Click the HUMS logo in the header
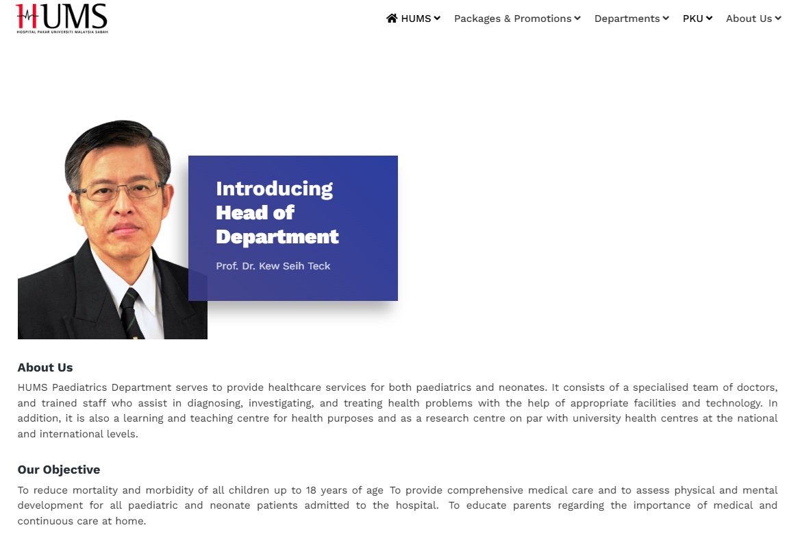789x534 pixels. [62, 19]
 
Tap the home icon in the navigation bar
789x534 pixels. [392, 19]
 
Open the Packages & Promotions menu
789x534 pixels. [517, 19]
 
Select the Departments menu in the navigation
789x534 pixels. [631, 19]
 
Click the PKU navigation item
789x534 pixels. [697, 19]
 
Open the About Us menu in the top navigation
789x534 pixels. [753, 19]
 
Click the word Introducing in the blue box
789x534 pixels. [274, 189]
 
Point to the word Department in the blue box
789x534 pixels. [277, 237]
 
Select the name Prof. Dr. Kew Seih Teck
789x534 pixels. [273, 266]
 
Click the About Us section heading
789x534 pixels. [45, 367]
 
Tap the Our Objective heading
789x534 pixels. [59, 470]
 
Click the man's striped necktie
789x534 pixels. [131, 314]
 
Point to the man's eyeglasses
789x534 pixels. [119, 191]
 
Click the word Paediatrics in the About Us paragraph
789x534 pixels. [79, 387]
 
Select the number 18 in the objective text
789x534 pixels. [311, 490]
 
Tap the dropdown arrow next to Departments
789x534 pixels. [666, 19]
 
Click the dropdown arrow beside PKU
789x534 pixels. [710, 19]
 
